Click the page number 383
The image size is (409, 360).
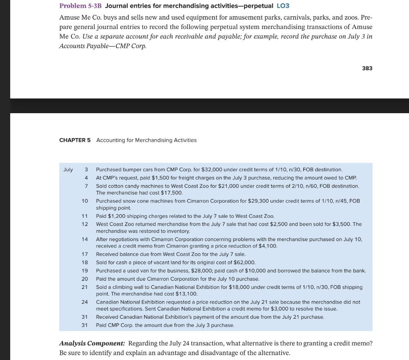click(x=367, y=68)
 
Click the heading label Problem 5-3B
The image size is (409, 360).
click(x=80, y=6)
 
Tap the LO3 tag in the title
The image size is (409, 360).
click(x=283, y=6)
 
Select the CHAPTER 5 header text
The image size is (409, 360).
click(x=75, y=140)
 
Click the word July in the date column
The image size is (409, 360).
click(x=68, y=169)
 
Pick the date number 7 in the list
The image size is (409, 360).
click(x=86, y=186)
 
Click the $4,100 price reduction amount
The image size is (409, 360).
click(x=268, y=246)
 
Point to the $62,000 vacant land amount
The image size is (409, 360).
click(x=244, y=262)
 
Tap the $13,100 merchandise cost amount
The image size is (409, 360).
click(x=187, y=294)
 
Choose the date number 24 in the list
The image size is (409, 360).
click(x=84, y=302)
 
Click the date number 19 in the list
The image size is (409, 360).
click(x=84, y=271)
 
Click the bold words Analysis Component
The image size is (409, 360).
click(x=92, y=343)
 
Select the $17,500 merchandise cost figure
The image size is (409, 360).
click(x=172, y=192)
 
